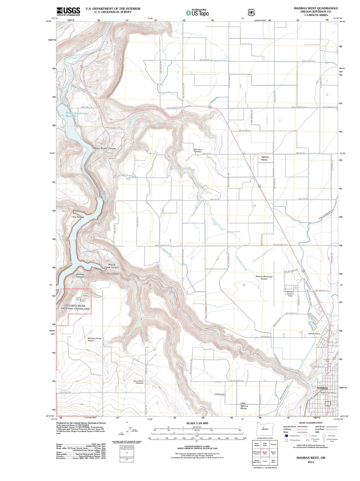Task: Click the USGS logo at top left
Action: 68,11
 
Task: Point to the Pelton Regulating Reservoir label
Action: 76,115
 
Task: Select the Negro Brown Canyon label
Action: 105,148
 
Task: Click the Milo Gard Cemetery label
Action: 198,150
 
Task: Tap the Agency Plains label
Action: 265,158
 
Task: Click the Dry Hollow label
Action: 78,217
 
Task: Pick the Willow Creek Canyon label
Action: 112,266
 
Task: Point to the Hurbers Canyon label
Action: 80,275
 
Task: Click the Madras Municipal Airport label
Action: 264,277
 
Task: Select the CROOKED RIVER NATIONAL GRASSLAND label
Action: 75,307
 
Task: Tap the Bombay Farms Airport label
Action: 94,339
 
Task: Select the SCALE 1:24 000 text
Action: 197,423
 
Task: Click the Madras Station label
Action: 314,334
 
